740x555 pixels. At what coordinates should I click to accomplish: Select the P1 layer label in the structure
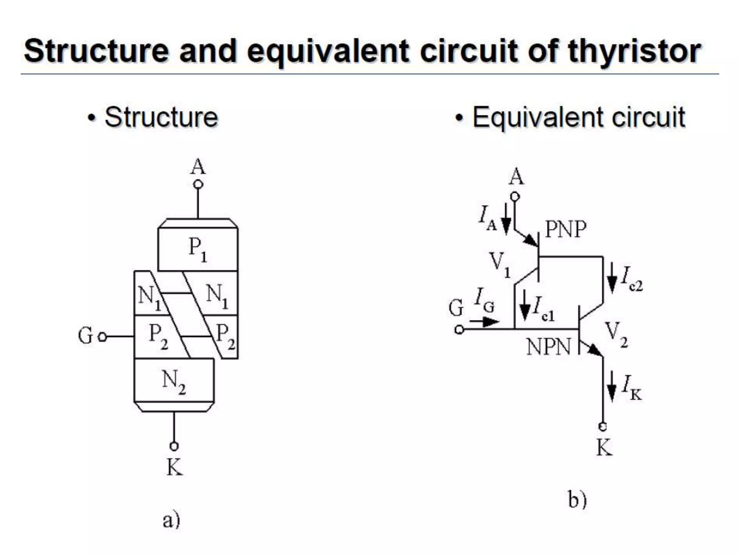198,249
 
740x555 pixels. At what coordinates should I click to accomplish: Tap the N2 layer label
174,382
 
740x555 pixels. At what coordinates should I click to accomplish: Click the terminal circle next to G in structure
103,337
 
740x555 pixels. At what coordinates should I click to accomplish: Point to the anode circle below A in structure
198,185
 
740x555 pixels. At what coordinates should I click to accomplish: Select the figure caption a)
171,520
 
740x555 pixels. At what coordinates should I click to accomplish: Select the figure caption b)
577,500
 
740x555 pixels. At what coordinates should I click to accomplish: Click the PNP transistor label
565,229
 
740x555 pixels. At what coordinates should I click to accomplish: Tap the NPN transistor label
548,347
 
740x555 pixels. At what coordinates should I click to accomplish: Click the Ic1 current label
543,309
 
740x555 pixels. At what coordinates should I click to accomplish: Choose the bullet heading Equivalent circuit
578,117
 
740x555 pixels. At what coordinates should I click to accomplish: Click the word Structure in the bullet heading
161,117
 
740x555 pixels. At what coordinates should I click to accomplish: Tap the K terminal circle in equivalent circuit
602,427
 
